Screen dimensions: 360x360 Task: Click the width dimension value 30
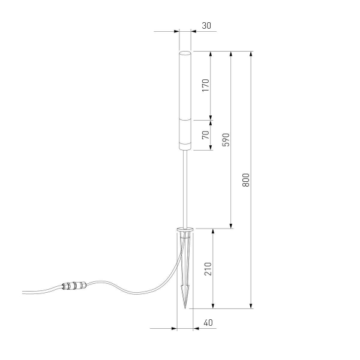[x=206, y=26]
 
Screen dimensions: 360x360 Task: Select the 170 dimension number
[x=205, y=85]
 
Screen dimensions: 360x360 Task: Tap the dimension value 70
[x=205, y=134]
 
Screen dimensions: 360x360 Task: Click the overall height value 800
[x=246, y=179]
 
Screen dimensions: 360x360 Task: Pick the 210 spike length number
[x=208, y=268]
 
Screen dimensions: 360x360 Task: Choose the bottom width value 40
[x=208, y=323]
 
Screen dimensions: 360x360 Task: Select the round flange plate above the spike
[x=185, y=229]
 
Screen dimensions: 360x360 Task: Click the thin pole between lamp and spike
[x=185, y=186]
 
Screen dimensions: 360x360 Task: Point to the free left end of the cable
[x=24, y=293]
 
